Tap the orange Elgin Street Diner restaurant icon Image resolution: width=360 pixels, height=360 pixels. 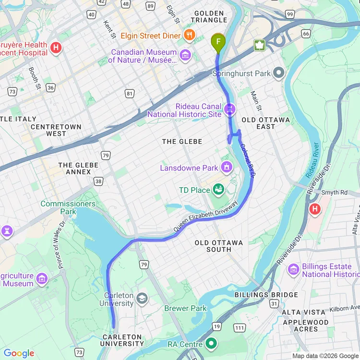click(x=190, y=36)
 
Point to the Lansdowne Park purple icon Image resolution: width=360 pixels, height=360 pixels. click(x=226, y=168)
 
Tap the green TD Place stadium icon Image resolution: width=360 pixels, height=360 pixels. click(x=218, y=190)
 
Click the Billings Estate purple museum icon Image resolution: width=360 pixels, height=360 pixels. click(x=293, y=270)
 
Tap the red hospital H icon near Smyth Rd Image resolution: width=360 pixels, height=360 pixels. click(x=315, y=209)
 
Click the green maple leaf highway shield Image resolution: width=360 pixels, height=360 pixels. click(x=260, y=46)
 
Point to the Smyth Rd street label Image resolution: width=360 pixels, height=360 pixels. click(x=334, y=192)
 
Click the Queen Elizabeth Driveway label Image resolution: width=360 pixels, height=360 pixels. click(x=206, y=216)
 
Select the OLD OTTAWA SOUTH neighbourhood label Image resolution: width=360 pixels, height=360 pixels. click(x=218, y=246)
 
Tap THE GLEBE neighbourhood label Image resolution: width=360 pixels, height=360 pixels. click(x=182, y=141)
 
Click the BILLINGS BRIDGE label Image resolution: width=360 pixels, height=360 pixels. click(x=266, y=295)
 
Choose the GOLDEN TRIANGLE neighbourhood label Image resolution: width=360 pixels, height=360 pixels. click(x=209, y=16)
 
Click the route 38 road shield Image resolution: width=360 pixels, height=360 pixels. click(x=98, y=181)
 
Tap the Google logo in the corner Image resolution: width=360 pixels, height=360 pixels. click(x=19, y=353)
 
